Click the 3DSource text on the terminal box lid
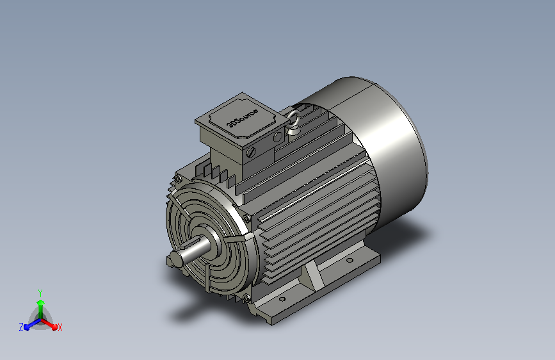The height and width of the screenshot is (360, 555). [243, 117]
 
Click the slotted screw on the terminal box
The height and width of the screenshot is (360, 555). [251, 152]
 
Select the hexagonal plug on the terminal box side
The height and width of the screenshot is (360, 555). [278, 137]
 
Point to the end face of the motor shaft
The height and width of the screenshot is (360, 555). [176, 258]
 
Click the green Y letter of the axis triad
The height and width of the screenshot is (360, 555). [40, 293]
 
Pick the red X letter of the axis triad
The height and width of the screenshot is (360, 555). [60, 328]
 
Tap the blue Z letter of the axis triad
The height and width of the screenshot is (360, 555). [21, 327]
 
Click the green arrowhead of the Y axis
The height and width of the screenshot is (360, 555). [41, 303]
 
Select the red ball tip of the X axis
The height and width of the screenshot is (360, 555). [54, 327]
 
